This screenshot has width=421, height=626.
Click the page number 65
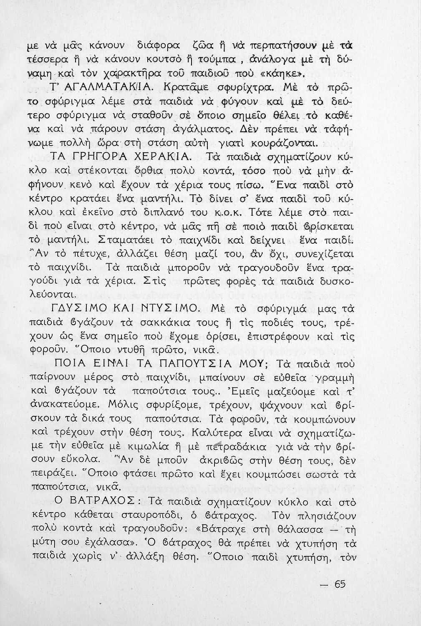point(340,584)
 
